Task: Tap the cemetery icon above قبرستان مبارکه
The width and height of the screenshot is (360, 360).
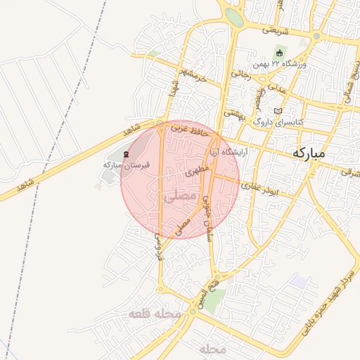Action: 127,153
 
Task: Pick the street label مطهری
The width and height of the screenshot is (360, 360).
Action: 198,170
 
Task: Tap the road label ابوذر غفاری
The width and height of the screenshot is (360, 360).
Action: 261,187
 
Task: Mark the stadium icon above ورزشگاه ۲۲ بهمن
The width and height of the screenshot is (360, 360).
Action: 280,53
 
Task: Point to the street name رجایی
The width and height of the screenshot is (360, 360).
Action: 240,72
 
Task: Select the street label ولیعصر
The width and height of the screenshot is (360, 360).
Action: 259,98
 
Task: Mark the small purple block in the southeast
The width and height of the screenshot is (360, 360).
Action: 300,281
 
